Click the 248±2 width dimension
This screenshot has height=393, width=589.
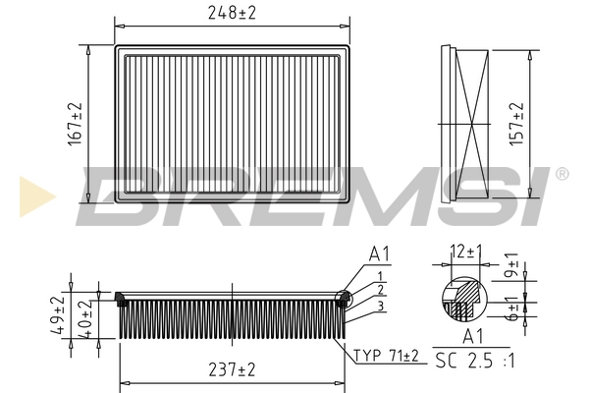232,13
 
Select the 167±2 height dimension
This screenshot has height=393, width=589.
75,124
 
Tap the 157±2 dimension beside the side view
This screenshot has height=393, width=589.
516,124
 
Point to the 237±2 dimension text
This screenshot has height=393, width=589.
232,369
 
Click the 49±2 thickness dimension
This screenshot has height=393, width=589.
58,315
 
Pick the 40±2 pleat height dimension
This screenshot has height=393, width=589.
85,319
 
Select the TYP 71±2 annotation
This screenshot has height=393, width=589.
386,356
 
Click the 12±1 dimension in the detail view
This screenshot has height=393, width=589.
465,252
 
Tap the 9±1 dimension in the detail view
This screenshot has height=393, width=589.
511,265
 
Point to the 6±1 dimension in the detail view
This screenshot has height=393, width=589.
511,309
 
